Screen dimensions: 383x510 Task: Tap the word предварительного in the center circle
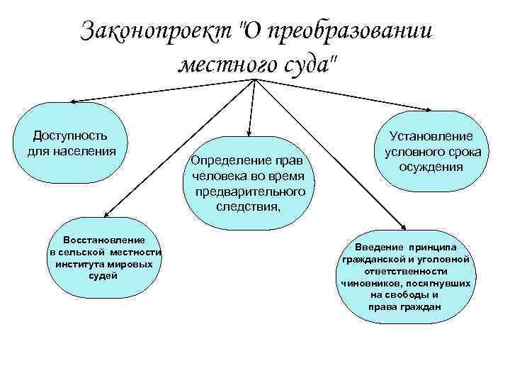(249, 191)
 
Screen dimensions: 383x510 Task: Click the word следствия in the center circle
(246, 206)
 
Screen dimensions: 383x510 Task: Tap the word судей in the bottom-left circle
(103, 275)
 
